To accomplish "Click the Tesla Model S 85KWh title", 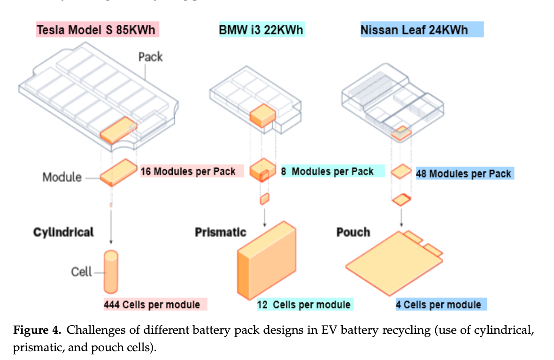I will click(98, 30).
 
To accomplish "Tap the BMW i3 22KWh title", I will click(261, 30).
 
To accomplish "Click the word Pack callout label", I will click(150, 57).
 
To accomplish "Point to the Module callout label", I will click(62, 177).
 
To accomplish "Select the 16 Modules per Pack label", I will click(188, 171).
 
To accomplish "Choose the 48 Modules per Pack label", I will click(463, 174).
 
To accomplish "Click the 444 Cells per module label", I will click(152, 305).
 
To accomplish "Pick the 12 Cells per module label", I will click(303, 305).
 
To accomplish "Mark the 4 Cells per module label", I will click(438, 305).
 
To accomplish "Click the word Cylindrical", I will click(63, 232).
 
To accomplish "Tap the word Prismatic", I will click(220, 232).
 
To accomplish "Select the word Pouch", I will click(353, 232).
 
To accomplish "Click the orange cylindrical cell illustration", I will click(111, 272).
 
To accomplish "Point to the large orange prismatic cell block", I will click(267, 263).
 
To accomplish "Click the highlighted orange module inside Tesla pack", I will click(118, 132).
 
